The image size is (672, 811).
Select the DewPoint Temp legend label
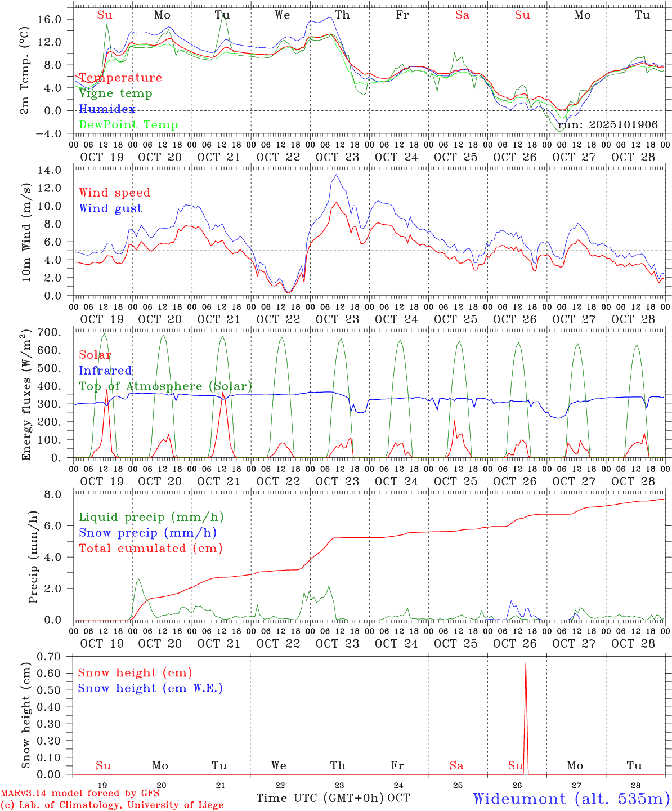128,124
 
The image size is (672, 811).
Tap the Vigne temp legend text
115,93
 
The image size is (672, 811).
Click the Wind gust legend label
110,208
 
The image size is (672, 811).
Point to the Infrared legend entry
105,371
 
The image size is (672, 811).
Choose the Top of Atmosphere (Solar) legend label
165,386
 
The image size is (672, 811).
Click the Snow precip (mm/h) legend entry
147,533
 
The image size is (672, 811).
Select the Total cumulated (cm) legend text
150,548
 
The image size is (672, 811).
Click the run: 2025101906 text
607,124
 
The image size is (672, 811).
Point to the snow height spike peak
526,663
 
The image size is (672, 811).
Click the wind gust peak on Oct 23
336,175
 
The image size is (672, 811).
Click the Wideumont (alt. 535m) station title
571,798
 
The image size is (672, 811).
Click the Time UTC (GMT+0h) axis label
320,798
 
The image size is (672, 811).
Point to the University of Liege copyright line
112,805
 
